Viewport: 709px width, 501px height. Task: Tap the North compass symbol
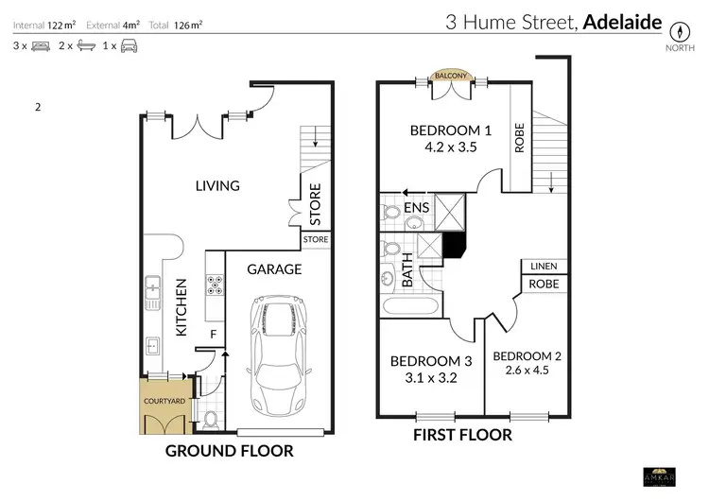tap(677, 29)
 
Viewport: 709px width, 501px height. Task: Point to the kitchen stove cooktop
tap(215, 284)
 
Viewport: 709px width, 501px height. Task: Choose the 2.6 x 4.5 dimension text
tap(527, 370)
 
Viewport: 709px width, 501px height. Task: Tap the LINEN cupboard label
tap(544, 267)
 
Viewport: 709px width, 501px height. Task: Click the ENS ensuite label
tap(417, 206)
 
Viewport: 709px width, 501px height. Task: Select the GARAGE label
tap(274, 269)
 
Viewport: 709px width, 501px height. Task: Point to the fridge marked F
tap(213, 333)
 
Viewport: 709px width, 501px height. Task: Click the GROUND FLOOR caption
tap(229, 451)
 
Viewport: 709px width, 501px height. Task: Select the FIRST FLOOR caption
tap(463, 435)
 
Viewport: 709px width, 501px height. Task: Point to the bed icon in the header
tap(41, 45)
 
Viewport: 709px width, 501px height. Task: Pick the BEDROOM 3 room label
tap(431, 360)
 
